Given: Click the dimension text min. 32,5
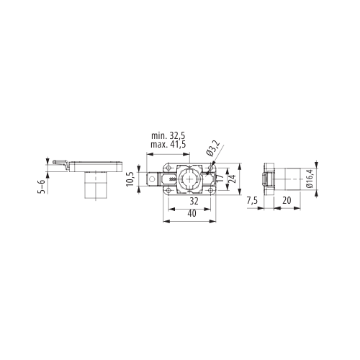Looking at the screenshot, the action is (168, 136).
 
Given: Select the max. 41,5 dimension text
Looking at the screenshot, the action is (168, 144).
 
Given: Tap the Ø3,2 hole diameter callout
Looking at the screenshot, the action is (212, 148).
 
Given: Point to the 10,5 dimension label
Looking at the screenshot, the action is (130, 179).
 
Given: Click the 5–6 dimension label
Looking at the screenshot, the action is (42, 186).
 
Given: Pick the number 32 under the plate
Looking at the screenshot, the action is (194, 201).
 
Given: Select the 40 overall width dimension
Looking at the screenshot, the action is (192, 213).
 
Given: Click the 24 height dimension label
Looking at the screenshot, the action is (233, 178).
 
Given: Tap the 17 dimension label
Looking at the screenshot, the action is (220, 178).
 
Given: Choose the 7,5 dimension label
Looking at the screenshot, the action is (252, 200).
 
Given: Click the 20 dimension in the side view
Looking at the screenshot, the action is (287, 200).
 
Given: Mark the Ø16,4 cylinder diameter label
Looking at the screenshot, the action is (310, 179).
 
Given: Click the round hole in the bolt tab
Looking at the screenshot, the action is (152, 179).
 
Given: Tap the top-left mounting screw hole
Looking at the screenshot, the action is (168, 168).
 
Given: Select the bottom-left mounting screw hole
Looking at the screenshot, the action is (168, 191).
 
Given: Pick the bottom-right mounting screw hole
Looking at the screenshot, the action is (211, 191).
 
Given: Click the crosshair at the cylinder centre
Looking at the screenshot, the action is (189, 179).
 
